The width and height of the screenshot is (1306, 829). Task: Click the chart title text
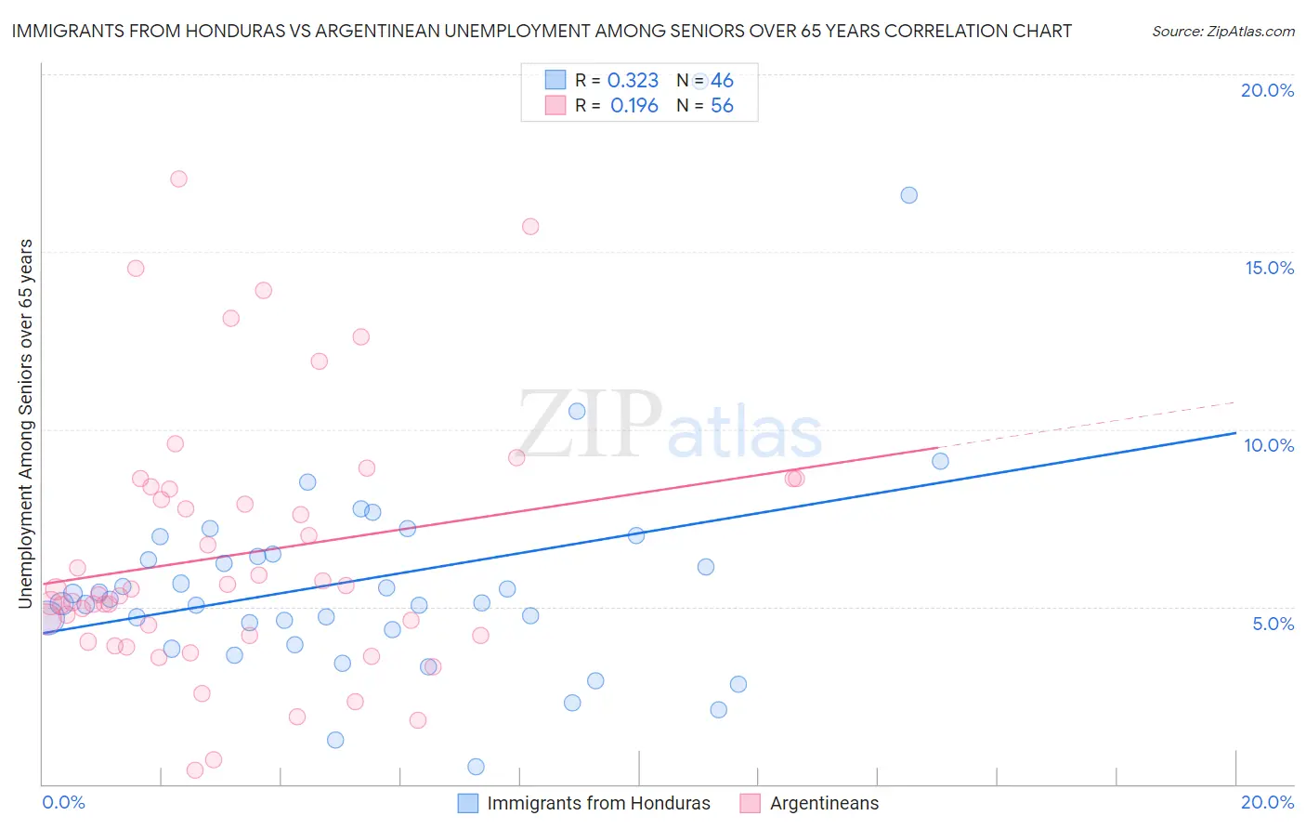click(x=542, y=31)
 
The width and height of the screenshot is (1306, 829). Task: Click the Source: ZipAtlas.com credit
click(x=1222, y=32)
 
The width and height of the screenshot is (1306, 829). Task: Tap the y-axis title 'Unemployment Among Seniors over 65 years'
click(x=25, y=424)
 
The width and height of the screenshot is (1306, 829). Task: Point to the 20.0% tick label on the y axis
click(x=1267, y=90)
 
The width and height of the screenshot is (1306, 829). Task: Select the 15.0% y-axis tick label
click(x=1269, y=268)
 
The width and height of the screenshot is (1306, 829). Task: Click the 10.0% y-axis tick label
click(x=1269, y=445)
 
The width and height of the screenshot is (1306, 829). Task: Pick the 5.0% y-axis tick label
click(x=1273, y=624)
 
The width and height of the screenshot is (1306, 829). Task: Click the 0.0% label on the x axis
click(x=63, y=802)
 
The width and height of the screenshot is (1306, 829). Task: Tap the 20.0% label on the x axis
click(x=1267, y=802)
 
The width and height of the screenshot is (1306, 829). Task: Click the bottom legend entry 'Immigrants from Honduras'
click(x=598, y=803)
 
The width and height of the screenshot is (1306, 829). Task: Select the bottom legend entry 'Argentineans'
click(x=824, y=803)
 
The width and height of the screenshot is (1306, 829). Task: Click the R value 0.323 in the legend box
click(x=633, y=81)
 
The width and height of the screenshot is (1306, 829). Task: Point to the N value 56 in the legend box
click(x=722, y=106)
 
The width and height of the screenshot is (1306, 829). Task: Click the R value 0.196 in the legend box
click(x=634, y=106)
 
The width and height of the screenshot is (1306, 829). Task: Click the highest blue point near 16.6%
click(x=908, y=195)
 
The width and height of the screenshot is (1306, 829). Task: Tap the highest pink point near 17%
click(x=178, y=178)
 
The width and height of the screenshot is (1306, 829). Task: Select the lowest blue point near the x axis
click(x=476, y=767)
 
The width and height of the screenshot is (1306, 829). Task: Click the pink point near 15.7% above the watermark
click(x=530, y=226)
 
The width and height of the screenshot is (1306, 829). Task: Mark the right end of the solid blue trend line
click(x=1235, y=432)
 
